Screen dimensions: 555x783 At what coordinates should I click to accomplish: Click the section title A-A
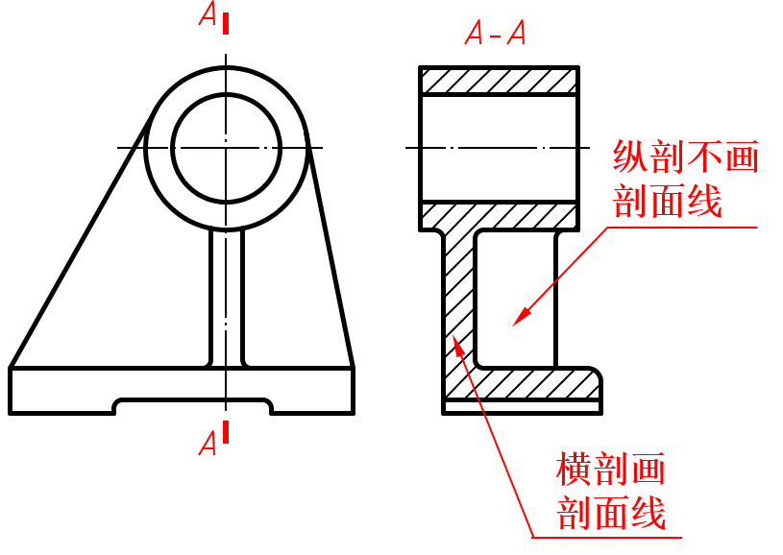click(495, 35)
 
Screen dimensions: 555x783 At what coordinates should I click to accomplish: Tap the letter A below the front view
click(208, 443)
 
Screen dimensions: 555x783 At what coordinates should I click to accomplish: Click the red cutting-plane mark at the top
click(226, 20)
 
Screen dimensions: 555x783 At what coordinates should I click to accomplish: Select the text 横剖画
click(611, 471)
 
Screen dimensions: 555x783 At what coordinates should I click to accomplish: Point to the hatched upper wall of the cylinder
click(499, 81)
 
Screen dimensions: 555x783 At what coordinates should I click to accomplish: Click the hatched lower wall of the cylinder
click(499, 216)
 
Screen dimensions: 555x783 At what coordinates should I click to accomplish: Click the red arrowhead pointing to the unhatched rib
click(521, 316)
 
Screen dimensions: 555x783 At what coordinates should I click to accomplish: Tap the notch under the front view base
click(192, 406)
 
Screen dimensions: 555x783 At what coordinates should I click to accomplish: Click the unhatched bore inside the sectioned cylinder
click(499, 148)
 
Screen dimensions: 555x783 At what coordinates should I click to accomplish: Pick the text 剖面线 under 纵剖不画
click(667, 202)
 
